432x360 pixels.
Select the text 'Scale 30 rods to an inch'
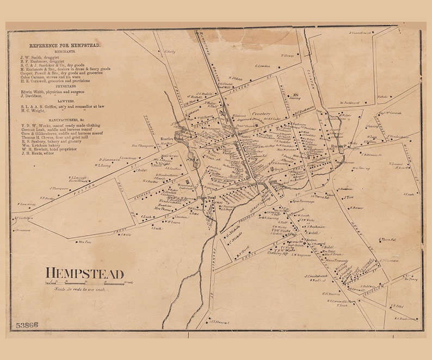[82, 290]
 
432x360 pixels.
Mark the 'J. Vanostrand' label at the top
[361, 33]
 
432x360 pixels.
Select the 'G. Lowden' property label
[263, 66]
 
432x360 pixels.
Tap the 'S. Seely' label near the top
[169, 52]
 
